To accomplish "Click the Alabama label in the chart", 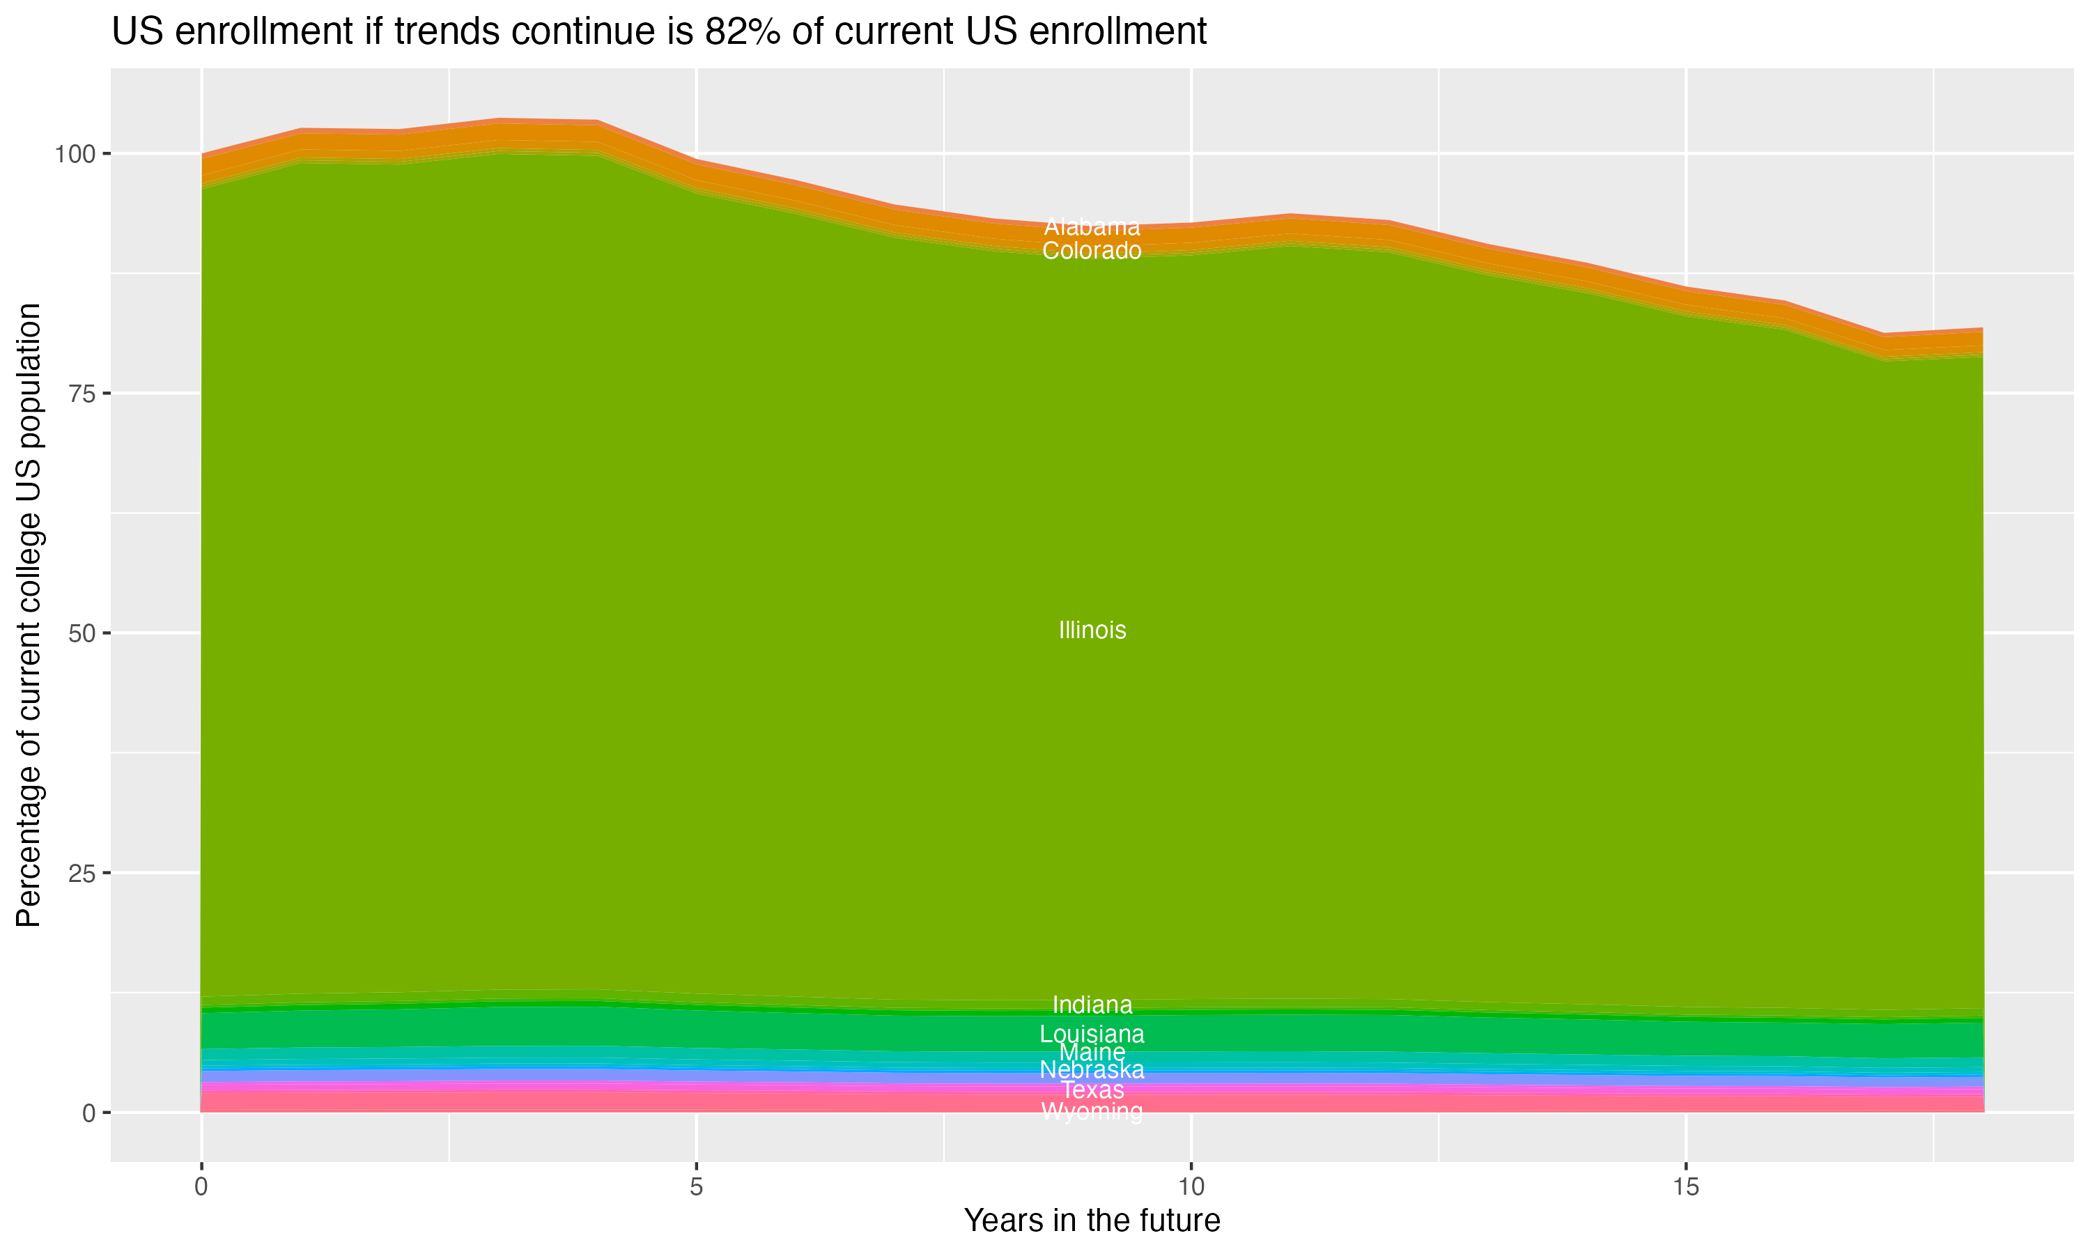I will tap(1092, 227).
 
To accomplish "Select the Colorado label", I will tap(1092, 251).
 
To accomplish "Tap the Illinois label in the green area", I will tap(1092, 630).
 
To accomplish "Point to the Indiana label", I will tap(1092, 1005).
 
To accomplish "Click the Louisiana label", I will tap(1092, 1035).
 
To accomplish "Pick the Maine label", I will tap(1092, 1053).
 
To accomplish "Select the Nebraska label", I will tap(1092, 1071).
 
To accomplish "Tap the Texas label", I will tap(1092, 1090).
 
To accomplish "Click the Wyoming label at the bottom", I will tap(1092, 1112).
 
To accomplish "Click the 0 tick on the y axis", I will tap(88, 1113).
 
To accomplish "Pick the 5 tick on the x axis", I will tap(696, 1187).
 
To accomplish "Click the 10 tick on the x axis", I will tap(1191, 1187).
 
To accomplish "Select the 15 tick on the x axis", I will tap(1685, 1187).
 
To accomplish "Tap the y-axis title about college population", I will tap(29, 615).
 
